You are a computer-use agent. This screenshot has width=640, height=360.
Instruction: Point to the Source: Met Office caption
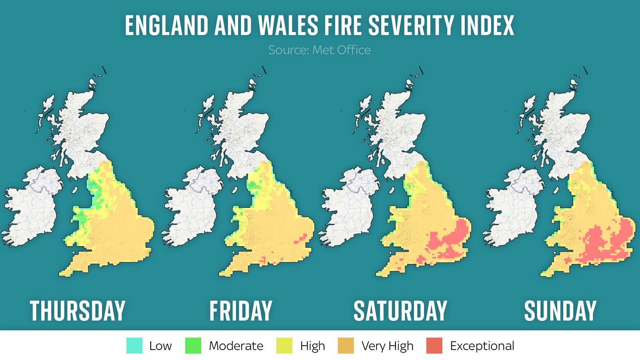point(319,50)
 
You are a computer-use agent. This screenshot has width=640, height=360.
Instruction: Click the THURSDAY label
point(78,311)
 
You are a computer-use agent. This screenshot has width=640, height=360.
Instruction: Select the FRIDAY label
point(241,311)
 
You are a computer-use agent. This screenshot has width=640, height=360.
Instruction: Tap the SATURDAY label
point(400,311)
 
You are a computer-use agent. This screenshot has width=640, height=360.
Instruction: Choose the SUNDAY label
point(560,311)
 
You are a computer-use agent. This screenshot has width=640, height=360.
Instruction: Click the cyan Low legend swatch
point(134,346)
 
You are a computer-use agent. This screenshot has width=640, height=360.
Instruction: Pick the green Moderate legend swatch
point(193,346)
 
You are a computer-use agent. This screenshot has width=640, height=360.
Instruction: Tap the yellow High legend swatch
point(284,346)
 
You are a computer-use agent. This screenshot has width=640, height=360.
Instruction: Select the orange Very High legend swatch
point(346,346)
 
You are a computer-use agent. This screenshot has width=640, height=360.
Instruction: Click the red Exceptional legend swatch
point(434,346)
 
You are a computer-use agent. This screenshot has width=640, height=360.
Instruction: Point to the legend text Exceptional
point(482,346)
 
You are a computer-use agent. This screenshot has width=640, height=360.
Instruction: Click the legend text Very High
point(387,346)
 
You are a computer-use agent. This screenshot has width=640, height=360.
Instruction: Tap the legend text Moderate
point(236,346)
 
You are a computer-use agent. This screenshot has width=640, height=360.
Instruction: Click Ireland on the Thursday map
point(32,208)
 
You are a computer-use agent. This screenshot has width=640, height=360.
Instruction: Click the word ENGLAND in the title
point(166,26)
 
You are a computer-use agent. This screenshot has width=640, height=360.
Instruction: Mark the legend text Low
point(160,346)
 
